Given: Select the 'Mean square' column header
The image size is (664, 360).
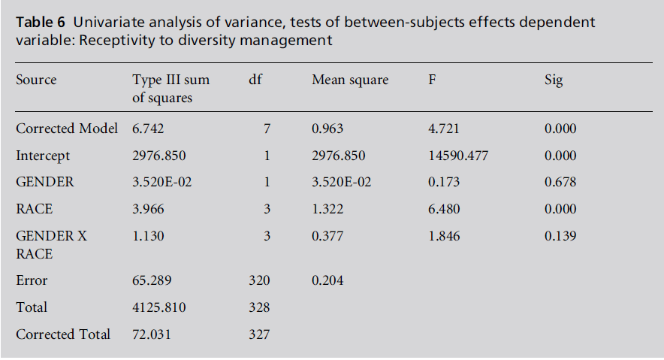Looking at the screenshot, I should click(x=350, y=80).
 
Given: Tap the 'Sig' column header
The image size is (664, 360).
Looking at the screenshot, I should click(x=553, y=80).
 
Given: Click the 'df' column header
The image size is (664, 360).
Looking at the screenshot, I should click(x=255, y=80).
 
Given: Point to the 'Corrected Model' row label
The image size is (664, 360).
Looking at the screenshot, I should click(x=67, y=129).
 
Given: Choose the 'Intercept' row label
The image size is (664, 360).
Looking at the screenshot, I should click(x=43, y=156).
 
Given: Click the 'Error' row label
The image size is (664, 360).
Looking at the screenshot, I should click(x=32, y=280).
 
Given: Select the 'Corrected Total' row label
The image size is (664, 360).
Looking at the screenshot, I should click(x=63, y=334).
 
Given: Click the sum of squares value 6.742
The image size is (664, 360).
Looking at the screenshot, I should click(x=149, y=129).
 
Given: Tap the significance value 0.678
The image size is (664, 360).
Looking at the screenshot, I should click(x=560, y=183).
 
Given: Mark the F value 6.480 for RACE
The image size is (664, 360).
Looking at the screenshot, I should click(x=444, y=209).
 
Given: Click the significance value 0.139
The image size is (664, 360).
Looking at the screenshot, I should click(x=560, y=236).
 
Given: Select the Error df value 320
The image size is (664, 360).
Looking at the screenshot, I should click(x=259, y=280).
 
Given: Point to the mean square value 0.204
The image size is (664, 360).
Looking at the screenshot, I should click(x=327, y=280).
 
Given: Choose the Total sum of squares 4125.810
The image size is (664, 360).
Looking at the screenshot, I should click(x=159, y=307).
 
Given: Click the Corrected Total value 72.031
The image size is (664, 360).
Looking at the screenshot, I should click(x=152, y=334).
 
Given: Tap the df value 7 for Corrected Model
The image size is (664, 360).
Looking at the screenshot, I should click(x=266, y=129).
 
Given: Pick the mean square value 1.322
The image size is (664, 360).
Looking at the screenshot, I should click(x=327, y=209).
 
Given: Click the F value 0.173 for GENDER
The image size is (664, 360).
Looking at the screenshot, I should click(x=444, y=183).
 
